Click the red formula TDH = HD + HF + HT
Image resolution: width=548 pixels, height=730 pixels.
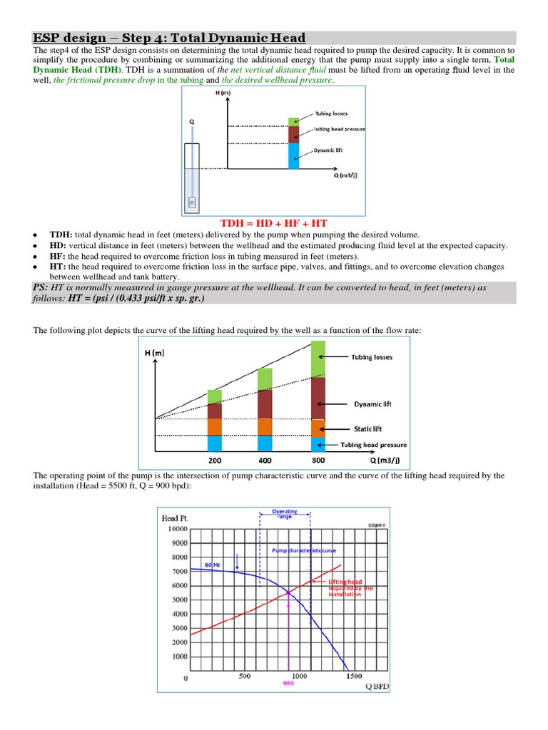coord(274,223)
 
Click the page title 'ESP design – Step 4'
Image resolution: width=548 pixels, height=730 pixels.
coord(169,38)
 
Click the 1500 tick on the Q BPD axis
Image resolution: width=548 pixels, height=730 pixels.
coord(354,677)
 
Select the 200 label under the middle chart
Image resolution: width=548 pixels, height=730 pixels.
coord(215,461)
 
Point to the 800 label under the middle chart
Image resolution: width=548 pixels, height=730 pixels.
coord(318,461)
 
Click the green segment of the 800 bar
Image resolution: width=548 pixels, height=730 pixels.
coord(318,359)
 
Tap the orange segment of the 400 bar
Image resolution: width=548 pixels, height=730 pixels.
coord(265,427)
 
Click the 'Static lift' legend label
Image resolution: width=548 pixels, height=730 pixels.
coord(368,428)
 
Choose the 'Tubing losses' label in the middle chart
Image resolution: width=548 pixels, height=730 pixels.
coord(370,357)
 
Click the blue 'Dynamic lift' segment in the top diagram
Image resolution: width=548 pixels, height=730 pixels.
coord(293,155)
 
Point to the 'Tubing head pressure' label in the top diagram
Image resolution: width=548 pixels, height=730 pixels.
coord(340,129)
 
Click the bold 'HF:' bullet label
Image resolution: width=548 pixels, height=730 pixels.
coord(57,256)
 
